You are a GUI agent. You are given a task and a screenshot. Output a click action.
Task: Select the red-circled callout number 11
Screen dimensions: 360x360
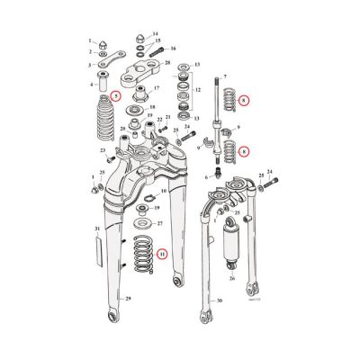(x=161, y=253)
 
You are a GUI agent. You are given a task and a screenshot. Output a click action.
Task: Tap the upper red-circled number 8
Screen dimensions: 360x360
(x=245, y=103)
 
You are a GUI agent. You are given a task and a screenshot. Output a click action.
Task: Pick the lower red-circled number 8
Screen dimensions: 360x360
(x=245, y=152)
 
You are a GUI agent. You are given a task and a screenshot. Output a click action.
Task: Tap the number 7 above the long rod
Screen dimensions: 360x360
(x=225, y=79)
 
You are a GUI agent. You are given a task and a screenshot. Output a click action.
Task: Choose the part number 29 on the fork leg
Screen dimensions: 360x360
(x=128, y=322)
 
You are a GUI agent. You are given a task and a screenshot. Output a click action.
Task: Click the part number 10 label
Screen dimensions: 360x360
(x=163, y=192)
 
